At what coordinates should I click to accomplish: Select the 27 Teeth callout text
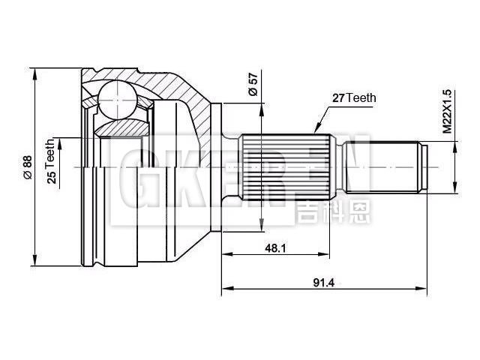pos(353,97)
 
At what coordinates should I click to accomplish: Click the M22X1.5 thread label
pos(447,112)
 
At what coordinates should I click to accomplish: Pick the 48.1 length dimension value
pos(276,248)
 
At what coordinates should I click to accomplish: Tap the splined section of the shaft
pos(285,166)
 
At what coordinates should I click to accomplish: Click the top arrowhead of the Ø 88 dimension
pos(34,72)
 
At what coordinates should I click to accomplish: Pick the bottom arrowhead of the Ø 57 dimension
pos(260,228)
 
